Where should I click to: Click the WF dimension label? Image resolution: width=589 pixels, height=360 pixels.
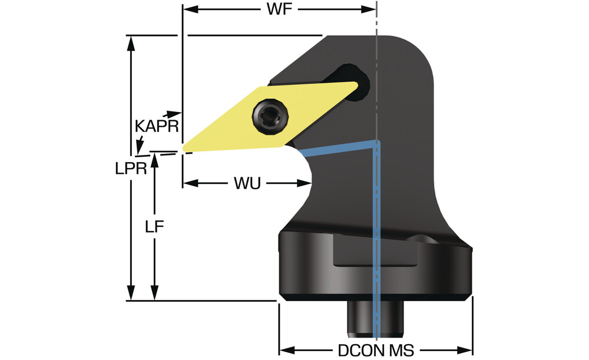point(279,10)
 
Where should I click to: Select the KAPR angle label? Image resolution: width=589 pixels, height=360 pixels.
point(156,126)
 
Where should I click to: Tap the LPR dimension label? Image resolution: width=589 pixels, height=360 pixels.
point(131,168)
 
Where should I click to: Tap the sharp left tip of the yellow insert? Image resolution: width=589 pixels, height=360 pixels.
point(184,147)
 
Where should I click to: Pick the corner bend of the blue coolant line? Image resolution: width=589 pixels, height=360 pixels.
point(376,141)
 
